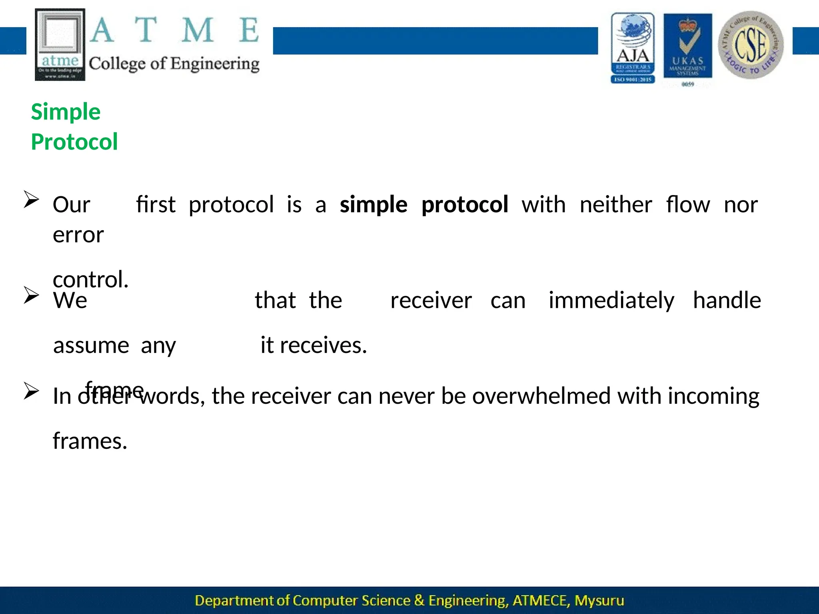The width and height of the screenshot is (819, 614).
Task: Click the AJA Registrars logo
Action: coord(633,48)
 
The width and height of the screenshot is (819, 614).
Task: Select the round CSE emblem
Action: coord(751,45)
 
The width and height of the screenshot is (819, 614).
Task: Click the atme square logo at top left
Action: coord(60,44)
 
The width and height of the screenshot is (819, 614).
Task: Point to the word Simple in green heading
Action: coord(66,112)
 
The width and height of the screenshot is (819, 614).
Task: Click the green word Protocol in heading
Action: coord(74,142)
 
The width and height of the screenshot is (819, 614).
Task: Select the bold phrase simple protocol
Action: coord(424,205)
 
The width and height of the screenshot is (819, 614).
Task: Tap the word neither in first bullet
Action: coord(616,205)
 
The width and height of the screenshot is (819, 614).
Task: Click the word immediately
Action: coord(611,300)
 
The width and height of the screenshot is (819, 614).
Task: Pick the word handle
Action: coord(727,300)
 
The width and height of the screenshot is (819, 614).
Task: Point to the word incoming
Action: coord(713,397)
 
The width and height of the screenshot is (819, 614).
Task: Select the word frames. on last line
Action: coord(90,441)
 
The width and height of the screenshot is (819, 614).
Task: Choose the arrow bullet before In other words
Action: coord(31,391)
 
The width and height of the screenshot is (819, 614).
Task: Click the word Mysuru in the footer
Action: coord(599,600)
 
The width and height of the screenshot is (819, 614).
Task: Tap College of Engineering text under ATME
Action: coord(174,64)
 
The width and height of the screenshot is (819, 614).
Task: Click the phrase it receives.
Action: coord(314,345)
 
